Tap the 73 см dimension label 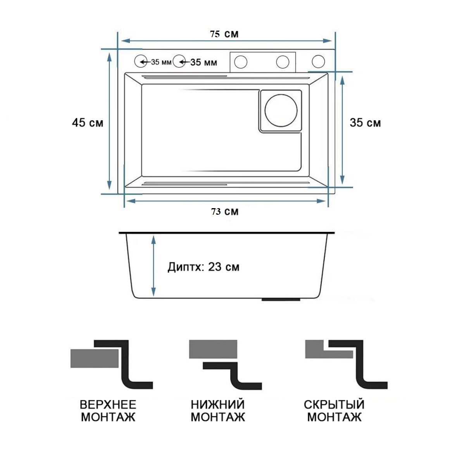pyautogui.click(x=224, y=212)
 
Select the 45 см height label pyautogui.click(x=88, y=123)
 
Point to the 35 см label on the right pyautogui.click(x=365, y=123)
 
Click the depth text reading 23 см pyautogui.click(x=203, y=267)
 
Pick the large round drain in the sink pyautogui.click(x=281, y=110)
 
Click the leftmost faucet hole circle pyautogui.click(x=140, y=61)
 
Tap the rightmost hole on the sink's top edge pyautogui.click(x=318, y=61)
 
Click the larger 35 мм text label pyautogui.click(x=203, y=62)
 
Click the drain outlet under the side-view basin pyautogui.click(x=281, y=299)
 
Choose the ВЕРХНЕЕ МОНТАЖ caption pyautogui.click(x=108, y=411)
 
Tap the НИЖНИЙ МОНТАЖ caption pyautogui.click(x=217, y=411)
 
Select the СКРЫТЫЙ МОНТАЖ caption pyautogui.click(x=334, y=411)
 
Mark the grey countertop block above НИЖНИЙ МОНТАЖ pyautogui.click(x=213, y=349)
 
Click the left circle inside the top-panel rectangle pyautogui.click(x=241, y=62)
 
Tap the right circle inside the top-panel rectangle pyautogui.click(x=283, y=62)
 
